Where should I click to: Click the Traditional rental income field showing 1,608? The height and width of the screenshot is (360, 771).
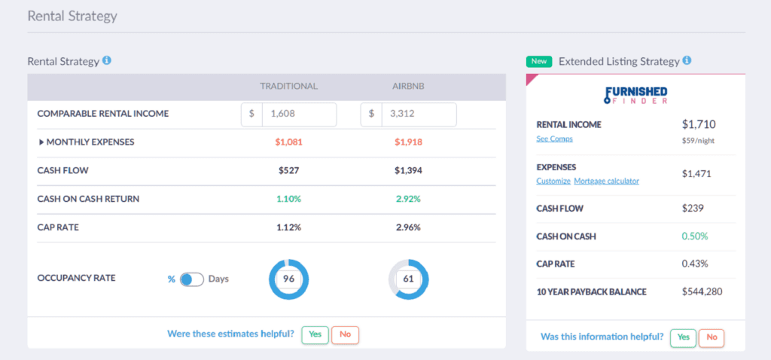coord(298,114)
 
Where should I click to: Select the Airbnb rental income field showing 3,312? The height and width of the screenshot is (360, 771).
coord(418,114)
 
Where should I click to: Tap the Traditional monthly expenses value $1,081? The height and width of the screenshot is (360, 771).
coord(288,142)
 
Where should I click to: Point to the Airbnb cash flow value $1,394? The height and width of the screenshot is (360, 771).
coord(408,171)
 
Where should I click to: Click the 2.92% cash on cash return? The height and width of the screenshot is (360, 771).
coord(408,199)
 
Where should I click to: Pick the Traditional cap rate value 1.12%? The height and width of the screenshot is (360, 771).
coord(288,227)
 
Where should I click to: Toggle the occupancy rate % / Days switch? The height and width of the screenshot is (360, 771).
coord(192,279)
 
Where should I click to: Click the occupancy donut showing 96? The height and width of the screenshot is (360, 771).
coord(288,279)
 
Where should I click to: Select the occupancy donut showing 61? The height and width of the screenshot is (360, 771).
coord(408,279)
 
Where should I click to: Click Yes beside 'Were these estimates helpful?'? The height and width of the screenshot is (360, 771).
coord(315,334)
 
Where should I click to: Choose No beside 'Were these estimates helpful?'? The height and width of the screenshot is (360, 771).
coord(345,334)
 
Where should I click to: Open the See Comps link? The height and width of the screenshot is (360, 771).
coord(554,139)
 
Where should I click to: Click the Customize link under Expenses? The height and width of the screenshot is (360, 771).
coord(553,182)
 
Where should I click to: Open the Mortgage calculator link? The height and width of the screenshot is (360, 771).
coord(606,182)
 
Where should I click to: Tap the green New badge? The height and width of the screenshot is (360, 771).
coord(538,61)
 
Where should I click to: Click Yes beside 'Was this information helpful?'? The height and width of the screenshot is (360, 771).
coord(683,337)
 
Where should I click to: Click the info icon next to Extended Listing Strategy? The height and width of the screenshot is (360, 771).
coord(687,61)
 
